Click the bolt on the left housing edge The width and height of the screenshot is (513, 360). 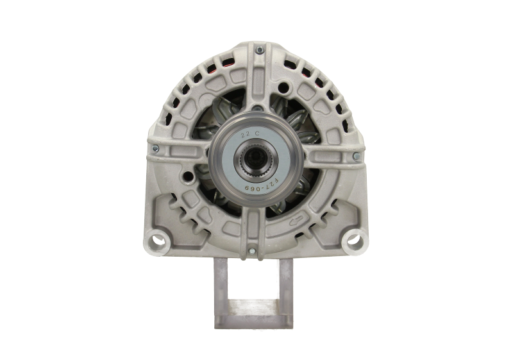154,149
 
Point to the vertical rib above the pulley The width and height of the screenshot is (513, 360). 256,90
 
